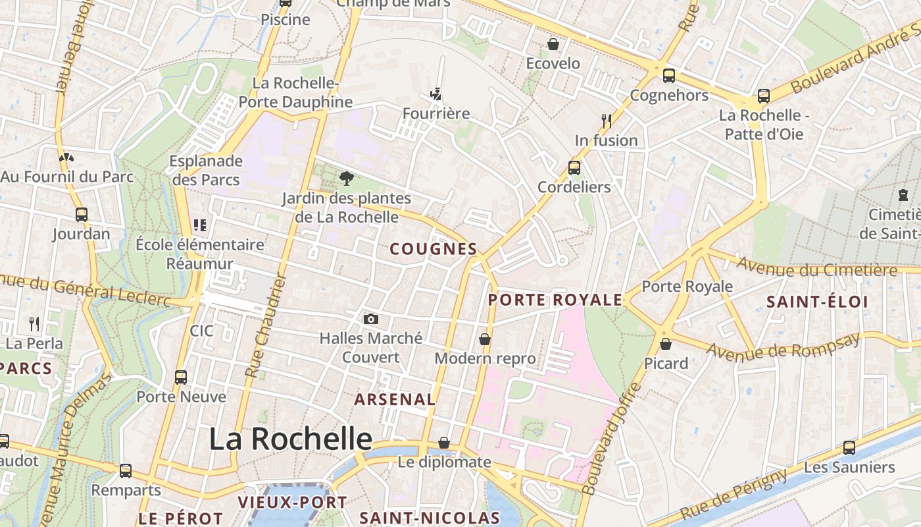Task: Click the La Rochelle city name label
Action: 291,439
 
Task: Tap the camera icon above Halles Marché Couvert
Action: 371,319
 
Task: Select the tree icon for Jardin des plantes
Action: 346,178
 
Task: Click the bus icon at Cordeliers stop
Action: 574,167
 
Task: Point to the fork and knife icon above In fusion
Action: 607,121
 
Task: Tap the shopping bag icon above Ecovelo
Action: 553,44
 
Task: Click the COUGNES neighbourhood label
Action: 434,249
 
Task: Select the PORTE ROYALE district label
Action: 555,300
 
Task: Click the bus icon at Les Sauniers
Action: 849,448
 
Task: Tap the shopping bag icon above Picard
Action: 666,344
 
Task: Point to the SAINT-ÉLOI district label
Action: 818,302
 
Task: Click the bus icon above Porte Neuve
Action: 181,377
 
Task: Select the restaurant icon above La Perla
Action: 34,323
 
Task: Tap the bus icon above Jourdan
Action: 82,215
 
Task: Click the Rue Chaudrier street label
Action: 266,326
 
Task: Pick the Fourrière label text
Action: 436,113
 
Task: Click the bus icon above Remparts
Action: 126,471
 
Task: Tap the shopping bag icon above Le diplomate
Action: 445,443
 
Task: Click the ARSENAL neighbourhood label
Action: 395,399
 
